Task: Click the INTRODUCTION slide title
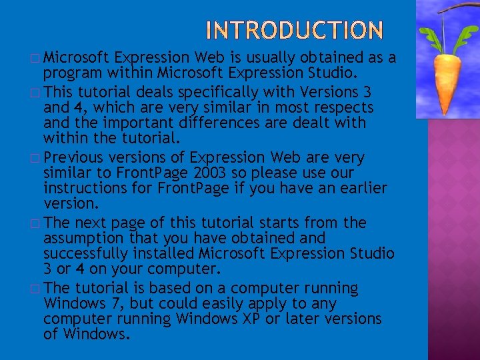[x=295, y=30]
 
